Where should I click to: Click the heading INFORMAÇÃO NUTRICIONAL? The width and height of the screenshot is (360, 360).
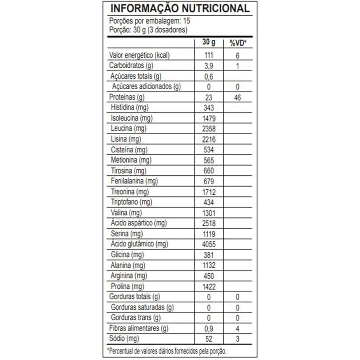180,9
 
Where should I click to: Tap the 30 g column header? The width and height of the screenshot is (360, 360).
208,42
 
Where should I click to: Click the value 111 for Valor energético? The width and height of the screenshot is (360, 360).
208,55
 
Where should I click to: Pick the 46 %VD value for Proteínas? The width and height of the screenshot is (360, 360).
237,98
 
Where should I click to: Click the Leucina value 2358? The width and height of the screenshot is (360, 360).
208,129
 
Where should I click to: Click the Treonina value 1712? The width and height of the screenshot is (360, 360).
208,192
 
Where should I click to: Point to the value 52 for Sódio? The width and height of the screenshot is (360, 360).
208,339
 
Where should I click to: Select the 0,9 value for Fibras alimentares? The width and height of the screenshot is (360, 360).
208,329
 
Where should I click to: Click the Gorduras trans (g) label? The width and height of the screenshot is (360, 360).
136,318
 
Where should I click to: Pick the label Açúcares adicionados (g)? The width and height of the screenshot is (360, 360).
146,86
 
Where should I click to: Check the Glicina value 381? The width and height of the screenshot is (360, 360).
208,255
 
